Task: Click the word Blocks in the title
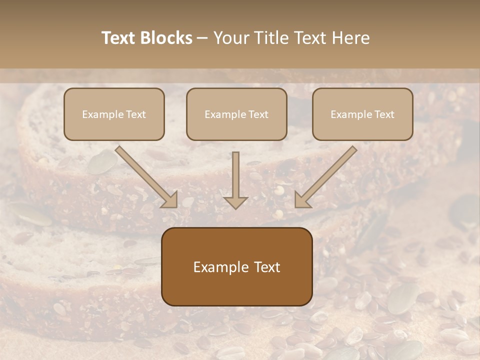(167, 38)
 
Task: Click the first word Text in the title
(119, 38)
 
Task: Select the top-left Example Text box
(114, 114)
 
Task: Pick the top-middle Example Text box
(236, 114)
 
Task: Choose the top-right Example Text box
(362, 114)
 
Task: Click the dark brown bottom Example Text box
(236, 266)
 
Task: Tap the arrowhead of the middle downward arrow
(235, 202)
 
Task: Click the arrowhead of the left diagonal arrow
(170, 200)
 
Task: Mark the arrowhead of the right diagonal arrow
(302, 200)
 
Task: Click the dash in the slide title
(202, 38)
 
